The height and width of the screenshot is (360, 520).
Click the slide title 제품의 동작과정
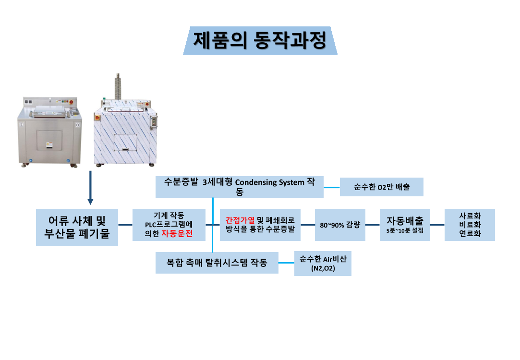[260, 40]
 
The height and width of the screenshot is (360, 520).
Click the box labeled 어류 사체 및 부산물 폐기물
[77, 227]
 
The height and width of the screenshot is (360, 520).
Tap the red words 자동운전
[176, 234]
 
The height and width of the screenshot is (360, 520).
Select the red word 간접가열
[240, 220]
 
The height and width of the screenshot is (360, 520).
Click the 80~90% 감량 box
[339, 224]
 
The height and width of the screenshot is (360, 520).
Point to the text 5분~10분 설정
[405, 230]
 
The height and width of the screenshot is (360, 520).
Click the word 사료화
[470, 216]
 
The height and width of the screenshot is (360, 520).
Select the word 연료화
[470, 234]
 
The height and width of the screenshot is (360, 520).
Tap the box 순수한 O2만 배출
[381, 187]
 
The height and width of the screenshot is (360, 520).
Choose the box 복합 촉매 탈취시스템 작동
[217, 263]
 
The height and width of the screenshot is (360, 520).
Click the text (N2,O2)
[323, 269]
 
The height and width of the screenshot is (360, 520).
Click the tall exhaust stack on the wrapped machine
[117, 86]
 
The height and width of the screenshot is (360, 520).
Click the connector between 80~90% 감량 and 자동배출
[372, 225]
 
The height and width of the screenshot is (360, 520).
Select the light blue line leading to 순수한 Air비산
[286, 263]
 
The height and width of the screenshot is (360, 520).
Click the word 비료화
[470, 225]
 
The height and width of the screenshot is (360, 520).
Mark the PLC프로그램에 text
[169, 224]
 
